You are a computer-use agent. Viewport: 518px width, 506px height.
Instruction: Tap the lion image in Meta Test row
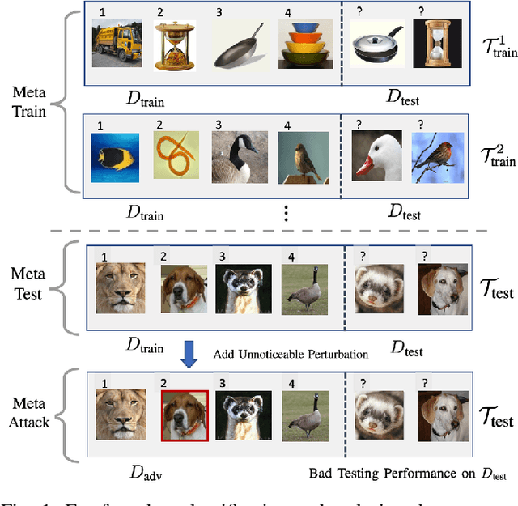pos(120,290)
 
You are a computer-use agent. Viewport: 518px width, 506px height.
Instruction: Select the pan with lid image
pos(376,46)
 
